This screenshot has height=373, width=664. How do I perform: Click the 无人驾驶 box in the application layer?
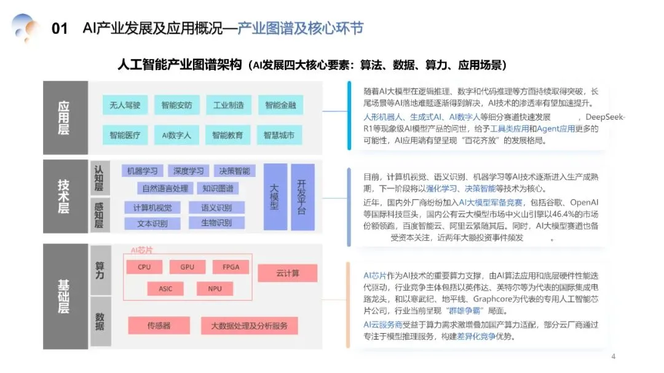tap(125, 105)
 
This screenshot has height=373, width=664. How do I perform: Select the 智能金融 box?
tap(280, 105)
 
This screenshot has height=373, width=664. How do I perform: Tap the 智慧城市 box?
tap(279, 135)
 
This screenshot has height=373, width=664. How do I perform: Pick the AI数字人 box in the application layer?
tap(176, 135)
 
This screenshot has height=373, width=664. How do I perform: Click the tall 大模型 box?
tap(274, 197)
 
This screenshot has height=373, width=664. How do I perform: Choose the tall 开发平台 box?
tap(302, 197)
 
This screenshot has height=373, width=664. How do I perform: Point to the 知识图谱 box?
tap(221, 188)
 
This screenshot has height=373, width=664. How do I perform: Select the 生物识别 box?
tap(217, 222)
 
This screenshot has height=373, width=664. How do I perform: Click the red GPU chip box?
tap(188, 267)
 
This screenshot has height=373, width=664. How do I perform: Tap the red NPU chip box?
tap(215, 288)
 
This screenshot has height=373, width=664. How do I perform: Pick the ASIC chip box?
tap(165, 288)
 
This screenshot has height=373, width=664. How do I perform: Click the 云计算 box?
tap(287, 273)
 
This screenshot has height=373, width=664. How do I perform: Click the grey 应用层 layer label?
tap(64, 117)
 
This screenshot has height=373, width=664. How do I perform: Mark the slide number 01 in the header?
tap(60, 29)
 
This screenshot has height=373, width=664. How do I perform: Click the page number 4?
tap(613, 357)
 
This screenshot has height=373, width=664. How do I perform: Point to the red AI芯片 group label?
tap(142, 251)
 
